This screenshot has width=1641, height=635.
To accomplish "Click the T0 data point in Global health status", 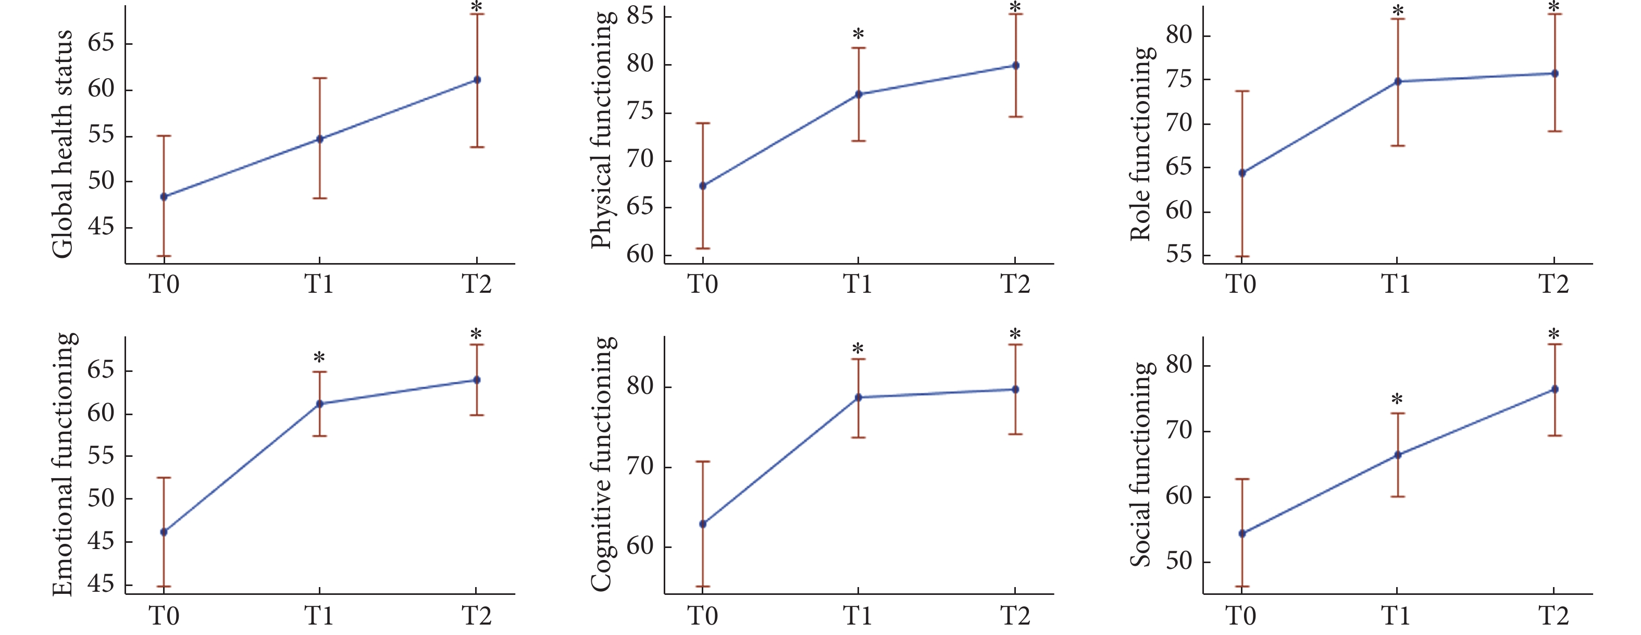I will pyautogui.click(x=164, y=197).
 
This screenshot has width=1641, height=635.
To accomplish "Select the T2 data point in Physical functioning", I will pyautogui.click(x=1015, y=66).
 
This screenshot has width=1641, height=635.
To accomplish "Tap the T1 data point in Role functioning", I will pyautogui.click(x=1398, y=82).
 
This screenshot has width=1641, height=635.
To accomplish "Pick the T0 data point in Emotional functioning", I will pyautogui.click(x=164, y=532).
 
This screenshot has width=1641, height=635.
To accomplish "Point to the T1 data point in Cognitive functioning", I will pyautogui.click(x=859, y=397).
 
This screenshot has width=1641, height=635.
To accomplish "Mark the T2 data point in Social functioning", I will pyautogui.click(x=1555, y=389).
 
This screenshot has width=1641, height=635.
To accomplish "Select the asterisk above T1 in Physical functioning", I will pyautogui.click(x=858, y=34).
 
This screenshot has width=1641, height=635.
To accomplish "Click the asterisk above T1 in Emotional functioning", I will pyautogui.click(x=319, y=358).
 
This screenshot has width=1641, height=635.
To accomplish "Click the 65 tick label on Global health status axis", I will pyautogui.click(x=101, y=43).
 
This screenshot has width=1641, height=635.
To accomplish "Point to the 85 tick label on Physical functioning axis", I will pyautogui.click(x=640, y=15).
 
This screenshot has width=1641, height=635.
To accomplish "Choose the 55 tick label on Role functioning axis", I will pyautogui.click(x=1178, y=255).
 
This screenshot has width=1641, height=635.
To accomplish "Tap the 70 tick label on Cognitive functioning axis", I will pyautogui.click(x=640, y=466).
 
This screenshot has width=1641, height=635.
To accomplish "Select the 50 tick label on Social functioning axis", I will pyautogui.click(x=1178, y=561).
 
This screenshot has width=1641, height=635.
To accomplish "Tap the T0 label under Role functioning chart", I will pyautogui.click(x=1241, y=284).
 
